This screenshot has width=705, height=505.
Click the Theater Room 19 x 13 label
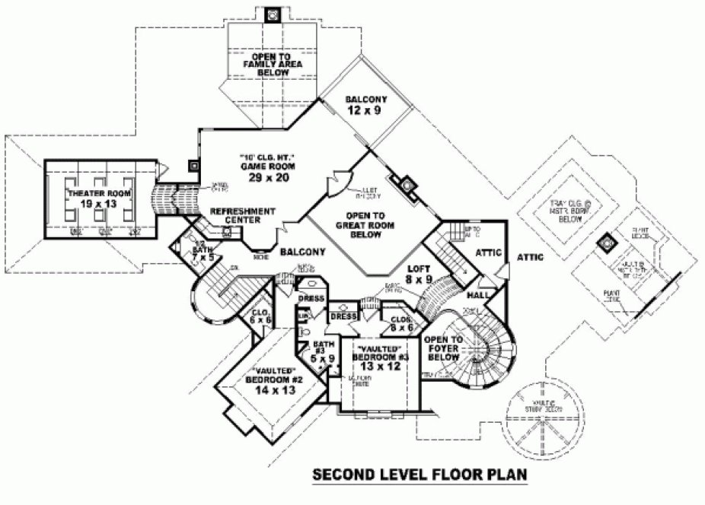(x=95, y=199)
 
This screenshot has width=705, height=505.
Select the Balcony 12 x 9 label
(x=366, y=105)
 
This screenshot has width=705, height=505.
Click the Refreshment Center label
(x=242, y=215)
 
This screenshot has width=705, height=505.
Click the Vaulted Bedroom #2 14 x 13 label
(x=270, y=380)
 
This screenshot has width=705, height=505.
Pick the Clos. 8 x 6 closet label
(x=402, y=323)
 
